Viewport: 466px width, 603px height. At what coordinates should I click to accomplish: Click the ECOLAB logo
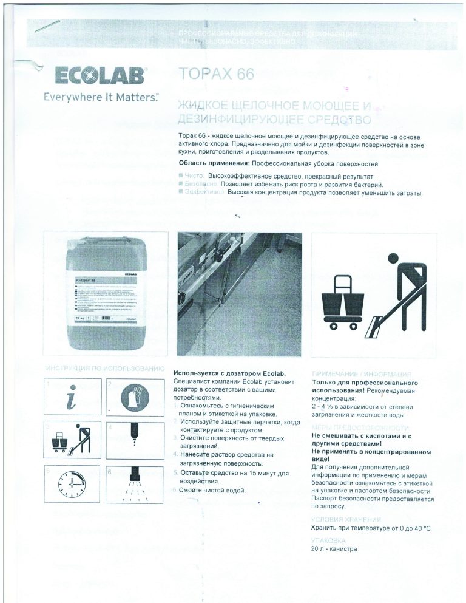(x=101, y=77)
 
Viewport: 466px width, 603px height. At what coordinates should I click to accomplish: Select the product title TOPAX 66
(x=216, y=74)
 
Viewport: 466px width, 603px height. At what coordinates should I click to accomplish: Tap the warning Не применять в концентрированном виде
(x=370, y=456)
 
